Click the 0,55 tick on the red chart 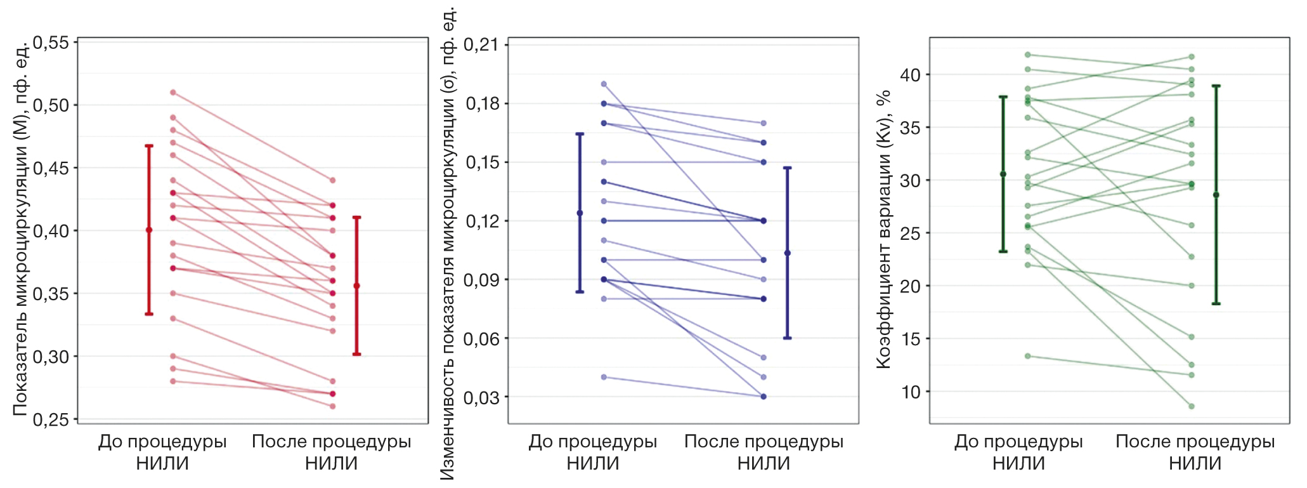tap(51, 43)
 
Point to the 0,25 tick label tap(51, 419)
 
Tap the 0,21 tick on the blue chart tap(481, 45)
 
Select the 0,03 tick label tap(481, 397)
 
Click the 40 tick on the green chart tap(911, 75)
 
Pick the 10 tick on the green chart tap(911, 392)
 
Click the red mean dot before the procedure tap(149, 230)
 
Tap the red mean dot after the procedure tap(357, 286)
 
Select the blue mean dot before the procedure tap(580, 213)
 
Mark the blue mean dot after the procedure tap(788, 253)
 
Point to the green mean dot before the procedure tap(1003, 174)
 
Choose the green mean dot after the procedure tap(1216, 195)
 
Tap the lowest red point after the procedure tap(332, 406)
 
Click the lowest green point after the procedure tap(1192, 406)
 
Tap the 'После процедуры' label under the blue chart tap(764, 442)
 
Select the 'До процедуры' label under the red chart tap(162, 442)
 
